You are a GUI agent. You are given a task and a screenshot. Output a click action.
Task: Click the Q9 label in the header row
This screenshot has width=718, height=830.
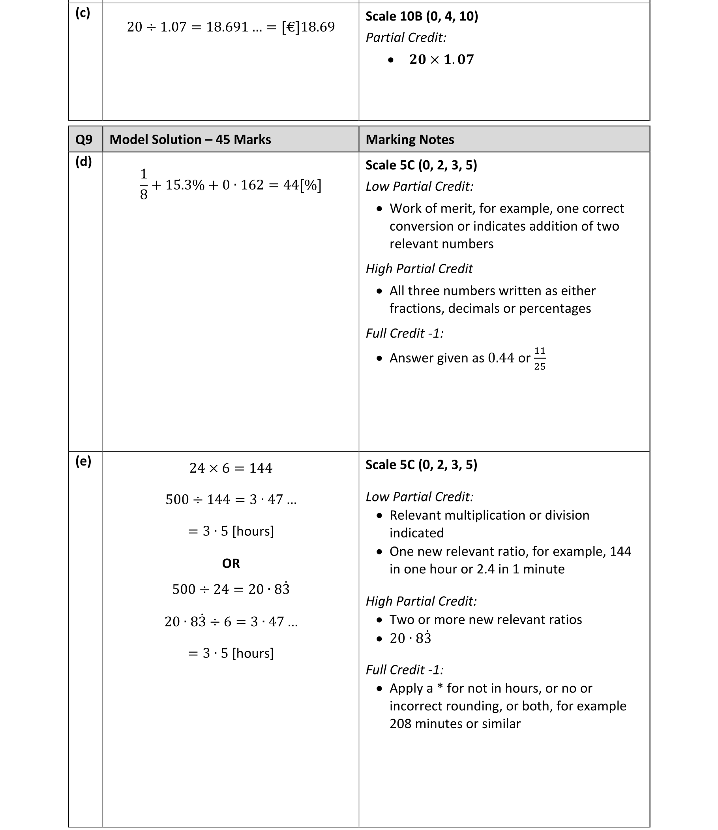(84, 139)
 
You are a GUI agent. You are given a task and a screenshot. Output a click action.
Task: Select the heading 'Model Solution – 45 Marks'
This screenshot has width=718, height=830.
(190, 139)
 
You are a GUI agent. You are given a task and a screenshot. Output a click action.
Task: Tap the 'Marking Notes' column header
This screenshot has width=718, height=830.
(409, 139)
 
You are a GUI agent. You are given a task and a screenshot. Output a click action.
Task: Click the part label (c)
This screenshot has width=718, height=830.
(83, 13)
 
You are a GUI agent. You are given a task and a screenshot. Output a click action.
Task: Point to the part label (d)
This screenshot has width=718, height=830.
(84, 161)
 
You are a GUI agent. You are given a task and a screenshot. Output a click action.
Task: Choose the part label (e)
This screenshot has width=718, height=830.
(83, 461)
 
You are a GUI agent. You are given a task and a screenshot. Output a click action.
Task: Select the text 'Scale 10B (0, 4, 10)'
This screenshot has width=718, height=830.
(422, 17)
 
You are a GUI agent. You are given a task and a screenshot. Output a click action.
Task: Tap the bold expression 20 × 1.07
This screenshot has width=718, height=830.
(441, 59)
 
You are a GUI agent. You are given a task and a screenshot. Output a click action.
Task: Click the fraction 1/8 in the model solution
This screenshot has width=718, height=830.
(143, 184)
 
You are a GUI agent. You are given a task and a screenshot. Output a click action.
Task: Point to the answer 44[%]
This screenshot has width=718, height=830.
(302, 185)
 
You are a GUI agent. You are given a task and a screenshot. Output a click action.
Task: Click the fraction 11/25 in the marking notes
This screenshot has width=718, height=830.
(539, 359)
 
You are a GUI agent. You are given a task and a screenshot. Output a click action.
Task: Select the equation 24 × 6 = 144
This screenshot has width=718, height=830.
(231, 468)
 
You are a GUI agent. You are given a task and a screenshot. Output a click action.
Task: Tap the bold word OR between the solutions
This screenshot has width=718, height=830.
(231, 563)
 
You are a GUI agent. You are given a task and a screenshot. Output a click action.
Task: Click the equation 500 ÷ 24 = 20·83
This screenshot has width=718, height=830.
(231, 589)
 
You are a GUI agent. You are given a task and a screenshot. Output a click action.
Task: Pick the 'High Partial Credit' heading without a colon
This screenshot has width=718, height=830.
(419, 269)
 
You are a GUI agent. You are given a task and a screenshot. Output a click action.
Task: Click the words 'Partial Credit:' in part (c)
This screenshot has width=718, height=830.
(406, 38)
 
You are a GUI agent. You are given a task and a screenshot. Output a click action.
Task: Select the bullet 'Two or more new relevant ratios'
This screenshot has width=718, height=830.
(485, 620)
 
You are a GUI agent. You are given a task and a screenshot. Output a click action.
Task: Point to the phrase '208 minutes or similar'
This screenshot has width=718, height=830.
(455, 723)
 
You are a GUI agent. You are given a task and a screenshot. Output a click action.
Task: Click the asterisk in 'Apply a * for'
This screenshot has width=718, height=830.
(440, 688)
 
